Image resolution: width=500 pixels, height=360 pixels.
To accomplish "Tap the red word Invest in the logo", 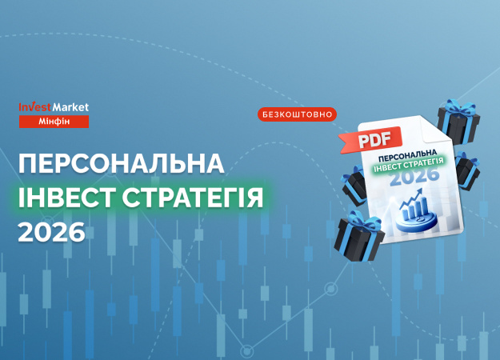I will click(34, 106).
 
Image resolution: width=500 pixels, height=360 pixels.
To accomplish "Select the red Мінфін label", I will click(54, 121).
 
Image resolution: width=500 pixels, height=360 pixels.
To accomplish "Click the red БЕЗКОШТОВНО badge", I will click(297, 114).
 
